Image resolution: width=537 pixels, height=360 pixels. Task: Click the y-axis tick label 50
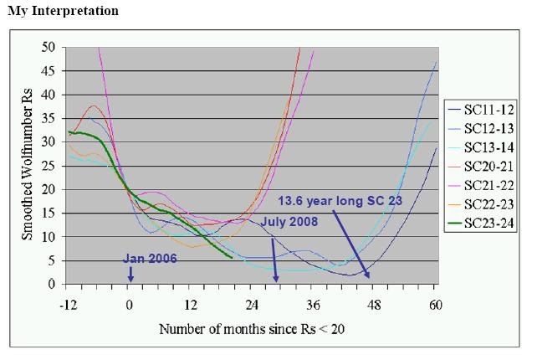tap(49, 47)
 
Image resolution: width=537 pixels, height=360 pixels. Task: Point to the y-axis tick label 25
tap(49, 166)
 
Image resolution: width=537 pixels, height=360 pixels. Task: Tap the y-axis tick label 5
tap(52, 260)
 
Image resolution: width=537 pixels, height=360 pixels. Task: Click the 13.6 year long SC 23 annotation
tap(343, 201)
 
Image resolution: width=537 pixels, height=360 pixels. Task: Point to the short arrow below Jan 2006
tap(130, 274)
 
